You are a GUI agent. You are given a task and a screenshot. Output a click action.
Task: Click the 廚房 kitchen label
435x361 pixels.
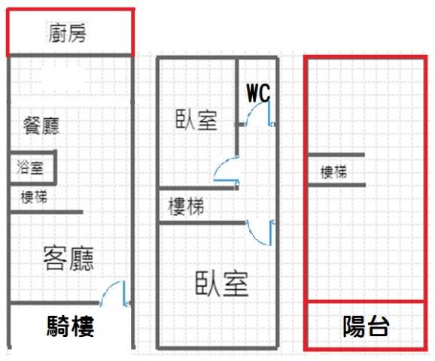(x=67, y=33)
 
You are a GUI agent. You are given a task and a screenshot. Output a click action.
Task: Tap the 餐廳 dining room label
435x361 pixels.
(x=41, y=126)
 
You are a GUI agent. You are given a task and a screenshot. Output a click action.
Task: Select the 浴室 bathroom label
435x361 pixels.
(x=30, y=167)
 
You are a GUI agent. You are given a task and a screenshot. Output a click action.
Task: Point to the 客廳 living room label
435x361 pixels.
(x=68, y=259)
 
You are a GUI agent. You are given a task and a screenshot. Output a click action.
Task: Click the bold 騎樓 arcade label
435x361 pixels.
(x=71, y=326)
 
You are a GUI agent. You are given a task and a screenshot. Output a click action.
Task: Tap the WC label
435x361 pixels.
(x=259, y=93)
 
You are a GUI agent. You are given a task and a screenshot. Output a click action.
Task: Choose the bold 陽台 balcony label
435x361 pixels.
(x=366, y=326)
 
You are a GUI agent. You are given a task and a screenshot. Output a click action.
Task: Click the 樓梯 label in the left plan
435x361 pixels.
(x=34, y=197)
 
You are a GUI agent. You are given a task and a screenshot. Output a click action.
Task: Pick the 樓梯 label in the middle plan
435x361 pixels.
(x=186, y=206)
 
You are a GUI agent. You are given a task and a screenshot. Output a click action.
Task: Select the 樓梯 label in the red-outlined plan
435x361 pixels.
(x=333, y=172)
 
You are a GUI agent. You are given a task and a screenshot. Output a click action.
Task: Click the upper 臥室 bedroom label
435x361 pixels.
(x=196, y=120)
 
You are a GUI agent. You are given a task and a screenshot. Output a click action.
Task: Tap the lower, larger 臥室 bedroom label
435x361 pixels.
(x=222, y=283)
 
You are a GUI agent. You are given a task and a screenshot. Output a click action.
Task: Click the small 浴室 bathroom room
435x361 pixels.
(x=32, y=168)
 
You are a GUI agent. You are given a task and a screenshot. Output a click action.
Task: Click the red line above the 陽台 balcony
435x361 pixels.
(x=366, y=301)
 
